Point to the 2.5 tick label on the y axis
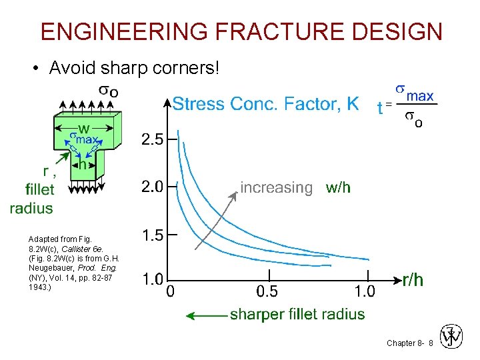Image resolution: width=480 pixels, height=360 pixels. pyautogui.click(x=152, y=141)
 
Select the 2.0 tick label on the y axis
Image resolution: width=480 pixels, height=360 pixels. pyautogui.click(x=152, y=187)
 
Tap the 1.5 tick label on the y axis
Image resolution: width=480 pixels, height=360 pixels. pyautogui.click(x=152, y=235)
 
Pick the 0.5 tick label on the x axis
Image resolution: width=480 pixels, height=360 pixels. pyautogui.click(x=269, y=291)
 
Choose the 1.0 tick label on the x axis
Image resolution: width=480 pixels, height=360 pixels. pyautogui.click(x=365, y=291)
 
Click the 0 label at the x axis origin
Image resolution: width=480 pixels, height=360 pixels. pyautogui.click(x=171, y=291)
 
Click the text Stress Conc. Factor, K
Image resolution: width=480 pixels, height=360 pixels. pyautogui.click(x=265, y=104)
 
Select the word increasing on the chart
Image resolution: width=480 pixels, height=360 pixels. pyautogui.click(x=276, y=188)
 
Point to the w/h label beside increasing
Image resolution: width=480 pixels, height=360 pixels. pyautogui.click(x=338, y=188)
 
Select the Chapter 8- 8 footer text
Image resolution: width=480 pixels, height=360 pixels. pyautogui.click(x=409, y=343)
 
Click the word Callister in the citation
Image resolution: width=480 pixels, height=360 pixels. pyautogui.click(x=78, y=249)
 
